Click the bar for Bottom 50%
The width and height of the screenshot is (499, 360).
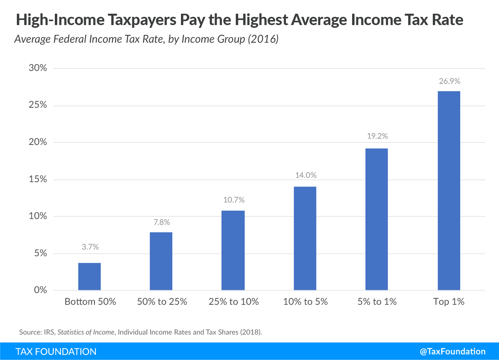(89, 276)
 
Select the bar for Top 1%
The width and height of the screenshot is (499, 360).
(449, 190)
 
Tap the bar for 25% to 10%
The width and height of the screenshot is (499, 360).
(233, 250)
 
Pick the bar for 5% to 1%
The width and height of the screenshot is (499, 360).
(376, 219)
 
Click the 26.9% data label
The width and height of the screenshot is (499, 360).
(449, 81)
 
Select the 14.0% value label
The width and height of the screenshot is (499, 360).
(305, 175)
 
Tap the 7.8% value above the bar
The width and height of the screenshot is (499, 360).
(161, 223)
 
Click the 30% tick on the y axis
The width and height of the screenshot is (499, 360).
(38, 68)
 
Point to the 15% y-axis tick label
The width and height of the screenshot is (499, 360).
(38, 179)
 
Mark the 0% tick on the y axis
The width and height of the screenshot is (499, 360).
(40, 290)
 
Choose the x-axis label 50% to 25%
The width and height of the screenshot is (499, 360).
(162, 302)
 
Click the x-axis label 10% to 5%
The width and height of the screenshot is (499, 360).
(305, 302)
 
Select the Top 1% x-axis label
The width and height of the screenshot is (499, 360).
(449, 302)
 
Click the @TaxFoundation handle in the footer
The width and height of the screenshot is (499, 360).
(452, 351)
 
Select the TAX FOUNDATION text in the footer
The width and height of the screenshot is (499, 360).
(56, 351)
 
